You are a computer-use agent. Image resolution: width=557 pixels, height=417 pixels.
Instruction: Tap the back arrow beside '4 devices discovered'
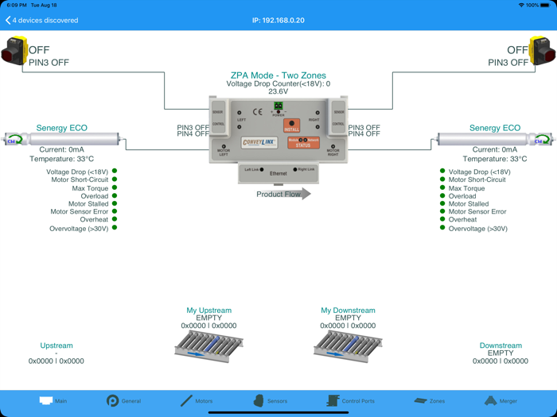tap(8, 20)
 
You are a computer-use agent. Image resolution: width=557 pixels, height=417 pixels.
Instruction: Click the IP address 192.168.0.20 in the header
tap(278, 20)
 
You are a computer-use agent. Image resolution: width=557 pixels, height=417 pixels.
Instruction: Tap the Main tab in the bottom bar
tap(53, 401)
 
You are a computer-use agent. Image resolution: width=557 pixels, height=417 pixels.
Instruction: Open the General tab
tap(123, 401)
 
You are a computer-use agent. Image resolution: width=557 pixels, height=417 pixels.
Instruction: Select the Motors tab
tap(196, 401)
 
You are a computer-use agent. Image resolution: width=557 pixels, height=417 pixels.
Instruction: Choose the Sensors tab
tap(270, 401)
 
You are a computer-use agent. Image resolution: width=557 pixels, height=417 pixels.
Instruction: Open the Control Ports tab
tap(350, 401)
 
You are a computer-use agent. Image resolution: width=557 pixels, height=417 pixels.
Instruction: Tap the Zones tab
tap(430, 401)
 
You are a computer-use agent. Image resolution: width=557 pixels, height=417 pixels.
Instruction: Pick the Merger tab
tap(501, 401)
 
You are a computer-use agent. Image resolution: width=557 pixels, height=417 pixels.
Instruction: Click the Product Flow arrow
tap(283, 194)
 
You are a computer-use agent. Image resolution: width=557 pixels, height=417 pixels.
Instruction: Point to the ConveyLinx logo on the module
tap(259, 144)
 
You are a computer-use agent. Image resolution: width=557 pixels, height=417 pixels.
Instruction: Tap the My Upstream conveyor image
tap(208, 346)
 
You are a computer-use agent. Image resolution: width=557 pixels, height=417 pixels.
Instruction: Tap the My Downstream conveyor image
tap(348, 346)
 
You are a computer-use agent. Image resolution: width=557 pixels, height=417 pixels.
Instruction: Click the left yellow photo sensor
tap(14, 51)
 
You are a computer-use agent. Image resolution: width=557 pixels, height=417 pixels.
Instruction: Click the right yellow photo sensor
tap(543, 51)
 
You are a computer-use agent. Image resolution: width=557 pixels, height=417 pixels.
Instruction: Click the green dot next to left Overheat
tap(115, 220)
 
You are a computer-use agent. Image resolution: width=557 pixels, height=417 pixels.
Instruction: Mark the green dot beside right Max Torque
tap(442, 188)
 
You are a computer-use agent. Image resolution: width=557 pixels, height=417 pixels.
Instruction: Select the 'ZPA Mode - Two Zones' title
tap(278, 76)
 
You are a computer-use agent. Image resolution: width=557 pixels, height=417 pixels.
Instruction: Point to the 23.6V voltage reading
tap(278, 91)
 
